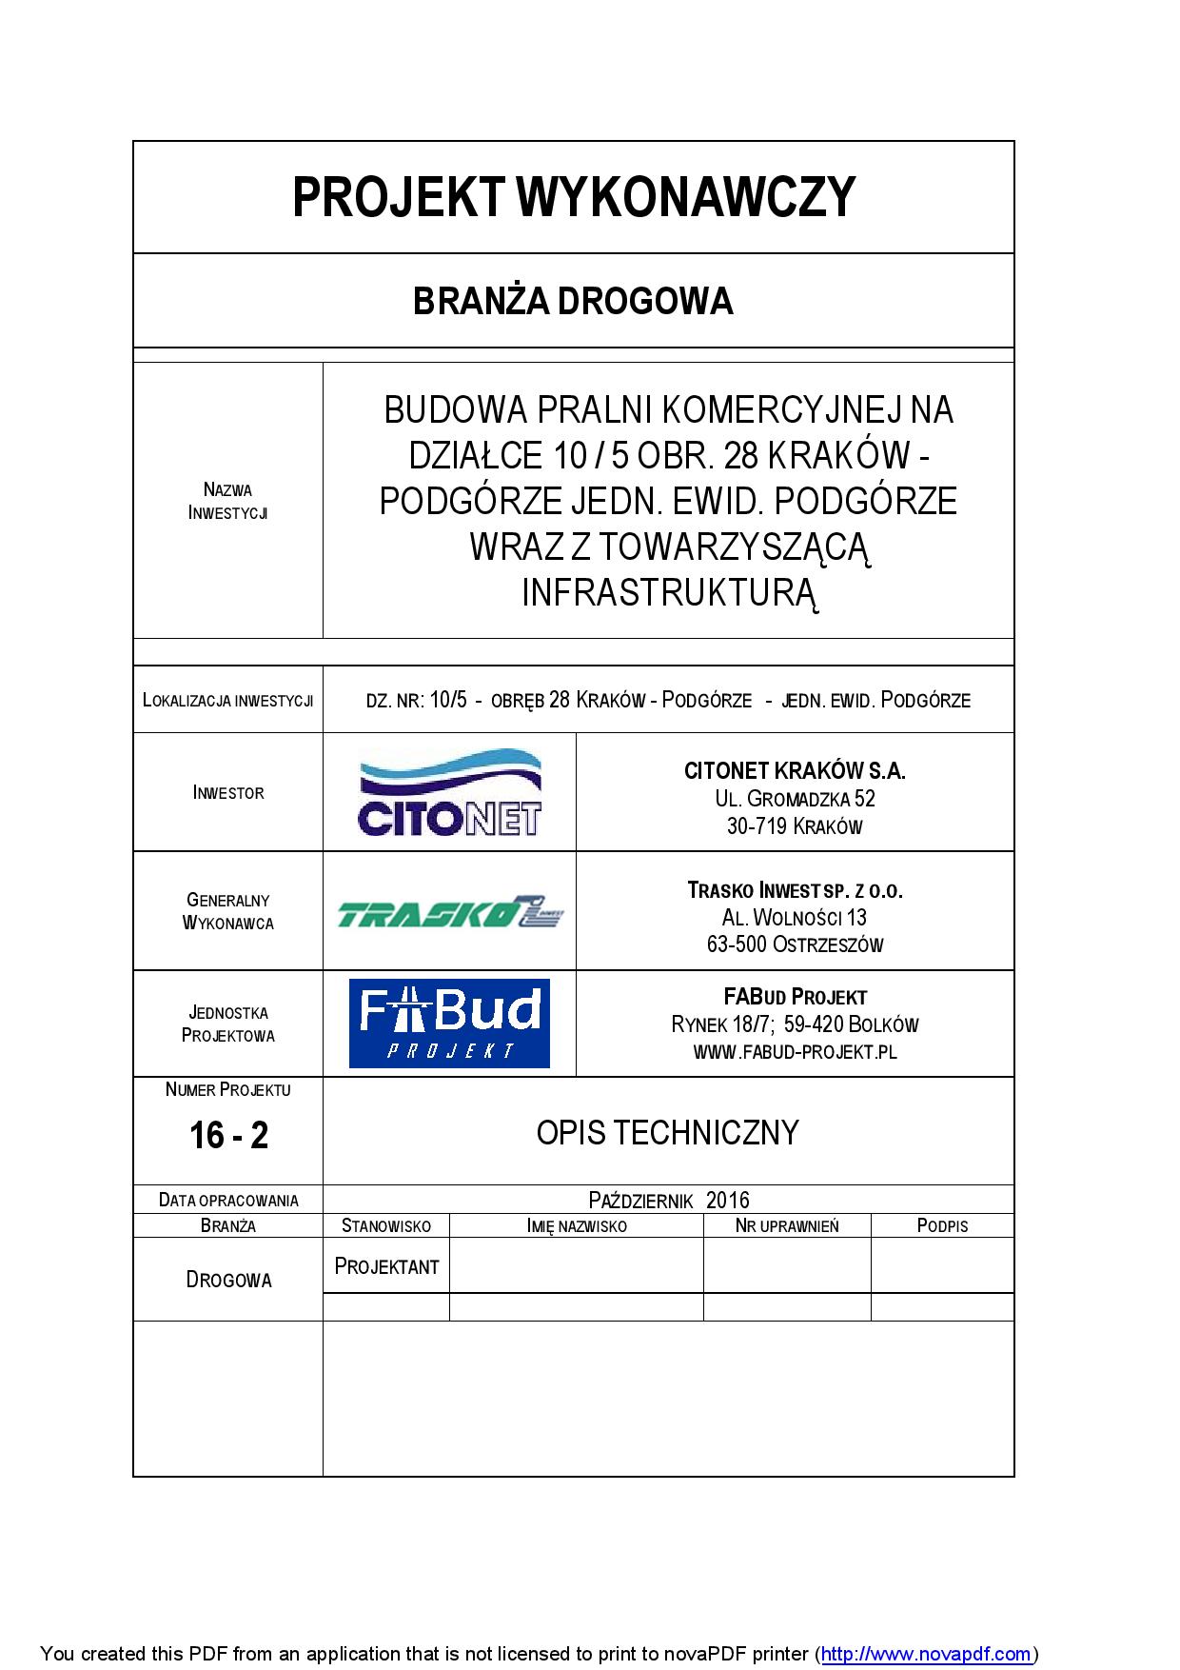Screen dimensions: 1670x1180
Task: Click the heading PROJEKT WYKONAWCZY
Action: point(573,197)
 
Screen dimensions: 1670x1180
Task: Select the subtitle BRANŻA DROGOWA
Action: point(573,301)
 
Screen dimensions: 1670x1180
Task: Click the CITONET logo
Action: point(449,793)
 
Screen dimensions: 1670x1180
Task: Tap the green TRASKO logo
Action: point(450,912)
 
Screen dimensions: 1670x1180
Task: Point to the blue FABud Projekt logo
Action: point(449,1024)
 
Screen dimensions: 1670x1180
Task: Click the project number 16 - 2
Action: point(228,1135)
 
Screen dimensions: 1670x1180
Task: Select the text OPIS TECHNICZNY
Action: point(667,1132)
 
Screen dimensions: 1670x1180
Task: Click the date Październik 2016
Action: point(669,1200)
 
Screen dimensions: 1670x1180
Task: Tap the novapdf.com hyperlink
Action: point(926,1654)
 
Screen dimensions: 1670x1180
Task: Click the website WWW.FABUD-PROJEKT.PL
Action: point(795,1052)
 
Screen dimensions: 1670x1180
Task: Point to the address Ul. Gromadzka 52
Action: point(795,798)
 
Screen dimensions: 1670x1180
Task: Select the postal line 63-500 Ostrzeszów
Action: point(795,944)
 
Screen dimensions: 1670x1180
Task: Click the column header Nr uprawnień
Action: point(787,1225)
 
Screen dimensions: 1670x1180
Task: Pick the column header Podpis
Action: point(942,1225)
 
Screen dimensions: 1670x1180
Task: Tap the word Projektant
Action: point(386,1266)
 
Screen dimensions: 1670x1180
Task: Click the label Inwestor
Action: point(228,792)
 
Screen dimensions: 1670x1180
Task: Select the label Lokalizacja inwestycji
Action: point(228,701)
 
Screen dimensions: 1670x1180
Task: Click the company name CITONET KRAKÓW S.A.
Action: point(795,770)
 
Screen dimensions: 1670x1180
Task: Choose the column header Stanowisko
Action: point(386,1225)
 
